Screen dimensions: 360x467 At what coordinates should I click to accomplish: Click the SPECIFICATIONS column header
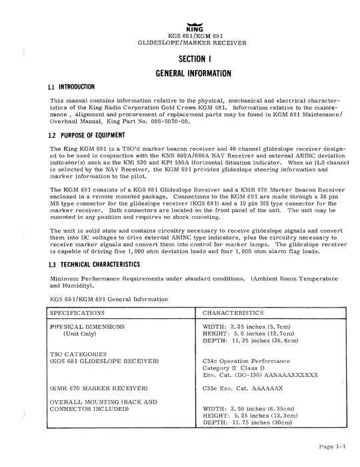pyautogui.click(x=77, y=312)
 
